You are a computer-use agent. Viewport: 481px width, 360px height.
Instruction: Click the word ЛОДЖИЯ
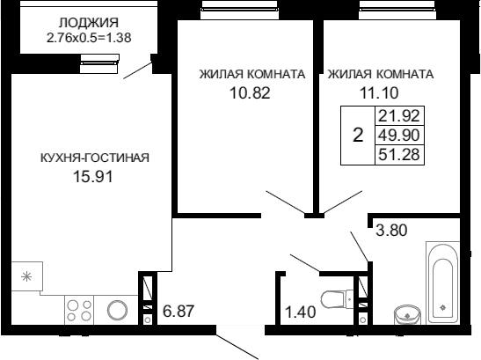(x=89, y=23)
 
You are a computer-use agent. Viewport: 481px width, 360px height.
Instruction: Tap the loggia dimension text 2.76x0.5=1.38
(x=89, y=38)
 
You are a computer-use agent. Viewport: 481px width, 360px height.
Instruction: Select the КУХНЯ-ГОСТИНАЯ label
(x=95, y=158)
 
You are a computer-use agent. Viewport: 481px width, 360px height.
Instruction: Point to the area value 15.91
(x=93, y=177)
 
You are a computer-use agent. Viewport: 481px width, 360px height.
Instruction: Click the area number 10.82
(x=250, y=92)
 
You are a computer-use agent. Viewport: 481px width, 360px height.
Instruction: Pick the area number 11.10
(x=379, y=92)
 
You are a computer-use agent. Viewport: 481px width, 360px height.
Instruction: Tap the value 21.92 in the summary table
(x=399, y=116)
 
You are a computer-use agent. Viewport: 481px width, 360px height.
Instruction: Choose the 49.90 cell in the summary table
(x=399, y=136)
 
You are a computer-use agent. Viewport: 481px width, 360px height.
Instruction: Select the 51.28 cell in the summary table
(x=399, y=154)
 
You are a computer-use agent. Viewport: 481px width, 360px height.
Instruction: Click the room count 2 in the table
(x=358, y=136)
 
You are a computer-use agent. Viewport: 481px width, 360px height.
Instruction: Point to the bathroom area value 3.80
(x=391, y=230)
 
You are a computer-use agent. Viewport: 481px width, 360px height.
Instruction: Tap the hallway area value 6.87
(x=179, y=312)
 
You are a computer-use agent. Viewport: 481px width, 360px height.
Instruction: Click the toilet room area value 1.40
(x=301, y=312)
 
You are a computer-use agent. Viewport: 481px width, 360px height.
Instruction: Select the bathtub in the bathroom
(x=442, y=283)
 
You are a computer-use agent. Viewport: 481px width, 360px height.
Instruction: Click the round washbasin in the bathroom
(x=407, y=314)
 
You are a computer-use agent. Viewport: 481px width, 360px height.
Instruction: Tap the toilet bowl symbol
(x=338, y=299)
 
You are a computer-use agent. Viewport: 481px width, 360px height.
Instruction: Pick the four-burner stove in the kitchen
(x=79, y=310)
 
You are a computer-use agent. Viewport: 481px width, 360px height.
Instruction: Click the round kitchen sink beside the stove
(x=117, y=310)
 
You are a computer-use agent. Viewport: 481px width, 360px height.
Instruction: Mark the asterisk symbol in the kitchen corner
(x=26, y=277)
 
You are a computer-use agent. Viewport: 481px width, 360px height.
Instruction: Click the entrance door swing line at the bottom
(x=237, y=347)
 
